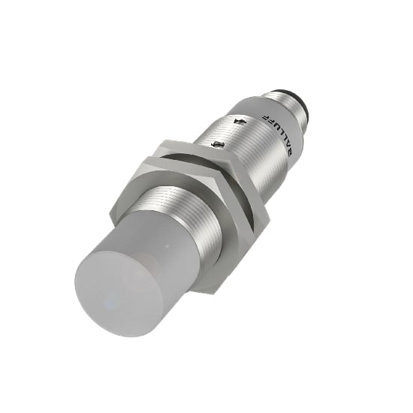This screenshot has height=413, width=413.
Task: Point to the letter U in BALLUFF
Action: coord(280,130)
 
